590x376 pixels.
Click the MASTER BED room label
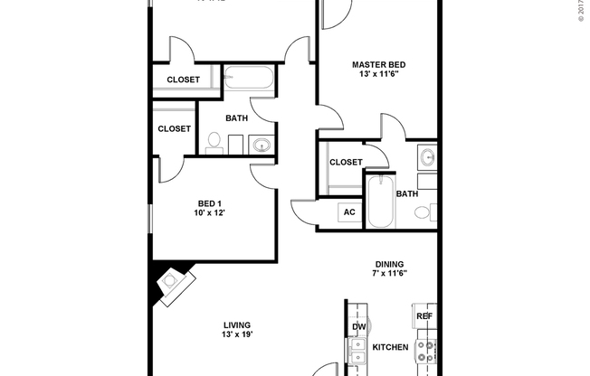[x=378, y=64]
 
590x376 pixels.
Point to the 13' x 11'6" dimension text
[x=378, y=76]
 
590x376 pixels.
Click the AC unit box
[x=349, y=212]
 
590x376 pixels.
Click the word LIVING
[x=237, y=324]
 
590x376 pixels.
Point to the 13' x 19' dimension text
[x=237, y=335]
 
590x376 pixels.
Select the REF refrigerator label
[x=423, y=316]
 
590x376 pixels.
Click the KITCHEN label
[x=390, y=347]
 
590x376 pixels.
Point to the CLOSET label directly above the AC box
[x=346, y=163]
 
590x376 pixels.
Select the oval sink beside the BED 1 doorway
[x=262, y=145]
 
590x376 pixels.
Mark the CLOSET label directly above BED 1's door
[x=174, y=128]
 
